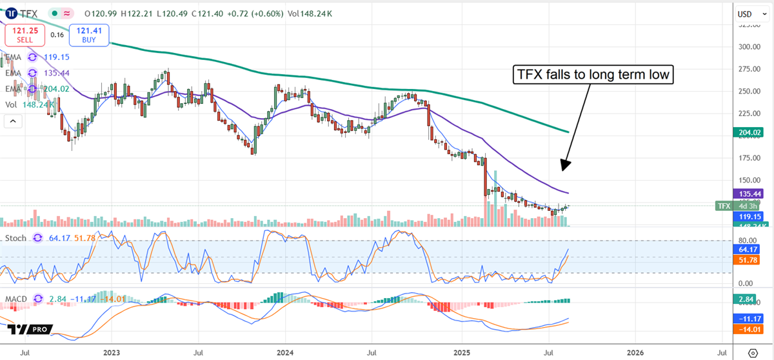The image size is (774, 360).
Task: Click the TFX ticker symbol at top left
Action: [27, 13]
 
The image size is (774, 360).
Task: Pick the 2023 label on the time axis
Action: [112, 353]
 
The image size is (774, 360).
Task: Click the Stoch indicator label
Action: [16, 238]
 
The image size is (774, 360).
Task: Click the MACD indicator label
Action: [17, 299]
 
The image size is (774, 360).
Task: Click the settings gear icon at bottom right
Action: [753, 353]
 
